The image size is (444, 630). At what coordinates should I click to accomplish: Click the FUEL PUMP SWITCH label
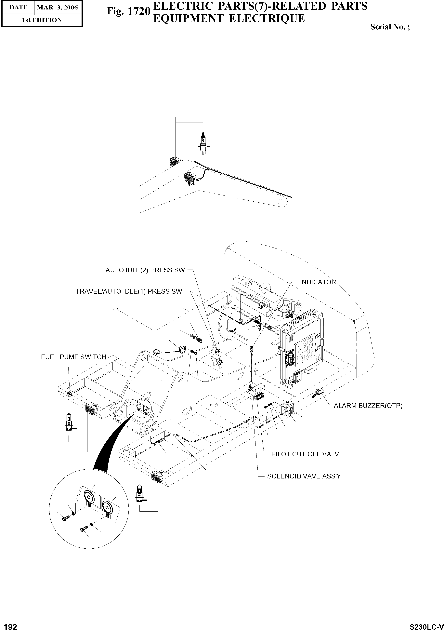pos(73,357)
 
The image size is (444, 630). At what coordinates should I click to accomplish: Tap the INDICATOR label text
pos(318,282)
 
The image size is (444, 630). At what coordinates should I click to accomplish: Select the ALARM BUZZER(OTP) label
pos(368,406)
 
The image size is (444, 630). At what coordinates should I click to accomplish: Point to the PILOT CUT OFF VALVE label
pos(307,454)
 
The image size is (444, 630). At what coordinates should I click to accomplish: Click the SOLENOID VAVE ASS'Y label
pos(304,476)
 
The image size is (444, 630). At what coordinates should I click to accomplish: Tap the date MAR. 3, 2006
pos(57,7)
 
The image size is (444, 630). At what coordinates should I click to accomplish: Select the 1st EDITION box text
pos(42,20)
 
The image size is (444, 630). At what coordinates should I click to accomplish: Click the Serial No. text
pos(390,27)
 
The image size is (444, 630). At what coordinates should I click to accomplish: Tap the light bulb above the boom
pos(202,143)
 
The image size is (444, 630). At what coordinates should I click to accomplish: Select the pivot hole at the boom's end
pos(280,202)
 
